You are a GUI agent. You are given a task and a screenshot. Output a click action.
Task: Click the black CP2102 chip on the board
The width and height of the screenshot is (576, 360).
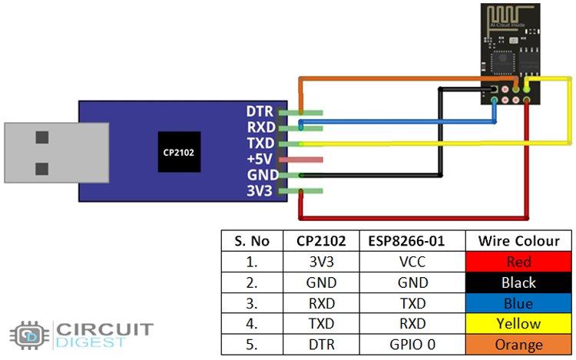coord(178,152)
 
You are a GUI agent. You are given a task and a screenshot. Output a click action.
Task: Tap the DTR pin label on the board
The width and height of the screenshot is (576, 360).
coord(260,112)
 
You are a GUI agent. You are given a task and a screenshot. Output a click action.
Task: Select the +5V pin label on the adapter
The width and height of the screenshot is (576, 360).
coord(260,159)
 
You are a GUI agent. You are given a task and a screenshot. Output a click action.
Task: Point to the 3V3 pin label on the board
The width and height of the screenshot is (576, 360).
coord(260,191)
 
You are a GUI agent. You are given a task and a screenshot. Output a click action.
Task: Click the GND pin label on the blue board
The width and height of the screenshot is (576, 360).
coord(260,175)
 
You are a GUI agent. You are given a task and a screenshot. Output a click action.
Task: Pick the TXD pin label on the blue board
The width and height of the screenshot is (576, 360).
coord(260,144)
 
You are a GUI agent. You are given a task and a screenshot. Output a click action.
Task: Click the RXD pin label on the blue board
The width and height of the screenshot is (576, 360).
coord(260,127)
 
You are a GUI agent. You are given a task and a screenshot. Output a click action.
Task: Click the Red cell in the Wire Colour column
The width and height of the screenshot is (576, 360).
coord(519,262)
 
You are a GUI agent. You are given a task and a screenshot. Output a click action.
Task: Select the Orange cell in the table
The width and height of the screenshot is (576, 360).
coord(519,345)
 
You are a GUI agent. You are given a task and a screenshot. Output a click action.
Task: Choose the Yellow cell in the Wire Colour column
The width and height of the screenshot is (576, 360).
coord(519,324)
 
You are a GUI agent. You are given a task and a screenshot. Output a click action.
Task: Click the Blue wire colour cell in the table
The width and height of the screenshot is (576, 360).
coord(519,303)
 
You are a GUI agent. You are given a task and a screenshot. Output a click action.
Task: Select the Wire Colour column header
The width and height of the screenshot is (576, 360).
coord(519,241)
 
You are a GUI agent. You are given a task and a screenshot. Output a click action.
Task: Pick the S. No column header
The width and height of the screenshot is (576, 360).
coord(252,241)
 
